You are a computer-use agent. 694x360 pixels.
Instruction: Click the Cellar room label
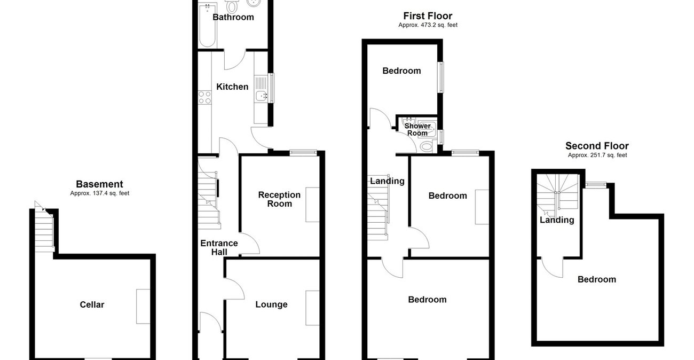[x=92, y=304]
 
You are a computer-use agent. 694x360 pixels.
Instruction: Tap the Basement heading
[x=99, y=184]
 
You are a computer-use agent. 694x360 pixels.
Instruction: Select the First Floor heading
[x=428, y=16]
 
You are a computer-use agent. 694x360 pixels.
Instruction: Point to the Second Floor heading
[x=597, y=146]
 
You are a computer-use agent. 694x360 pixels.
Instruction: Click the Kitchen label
[x=232, y=87]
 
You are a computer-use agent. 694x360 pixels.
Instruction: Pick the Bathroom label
[x=233, y=17]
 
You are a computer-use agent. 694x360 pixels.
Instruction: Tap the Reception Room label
[x=279, y=199]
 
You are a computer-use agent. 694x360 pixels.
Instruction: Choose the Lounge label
[x=271, y=304]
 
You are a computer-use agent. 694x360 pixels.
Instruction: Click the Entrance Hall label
[x=219, y=247]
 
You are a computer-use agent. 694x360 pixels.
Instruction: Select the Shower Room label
[x=417, y=129]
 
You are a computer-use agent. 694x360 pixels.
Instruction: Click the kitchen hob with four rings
[x=204, y=97]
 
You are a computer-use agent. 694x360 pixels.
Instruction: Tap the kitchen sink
[x=262, y=96]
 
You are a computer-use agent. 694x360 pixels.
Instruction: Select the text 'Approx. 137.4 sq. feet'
[x=99, y=193]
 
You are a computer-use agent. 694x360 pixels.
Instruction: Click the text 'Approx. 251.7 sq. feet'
[x=597, y=155]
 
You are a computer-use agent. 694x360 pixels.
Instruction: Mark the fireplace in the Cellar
[x=143, y=306]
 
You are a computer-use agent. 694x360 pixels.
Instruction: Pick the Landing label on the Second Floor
[x=557, y=220]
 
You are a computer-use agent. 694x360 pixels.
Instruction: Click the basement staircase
[x=46, y=231]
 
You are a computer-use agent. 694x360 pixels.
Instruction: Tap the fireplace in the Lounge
[x=312, y=308]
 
